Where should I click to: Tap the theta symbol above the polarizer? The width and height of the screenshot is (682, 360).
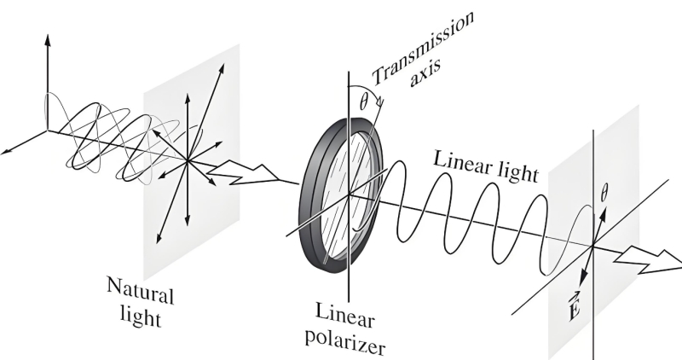364,102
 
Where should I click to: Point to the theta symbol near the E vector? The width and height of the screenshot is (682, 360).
604,193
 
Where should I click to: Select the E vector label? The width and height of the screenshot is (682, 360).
574,305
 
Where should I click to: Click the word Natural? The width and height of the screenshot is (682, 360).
141,290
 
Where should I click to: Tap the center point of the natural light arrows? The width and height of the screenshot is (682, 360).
187,161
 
